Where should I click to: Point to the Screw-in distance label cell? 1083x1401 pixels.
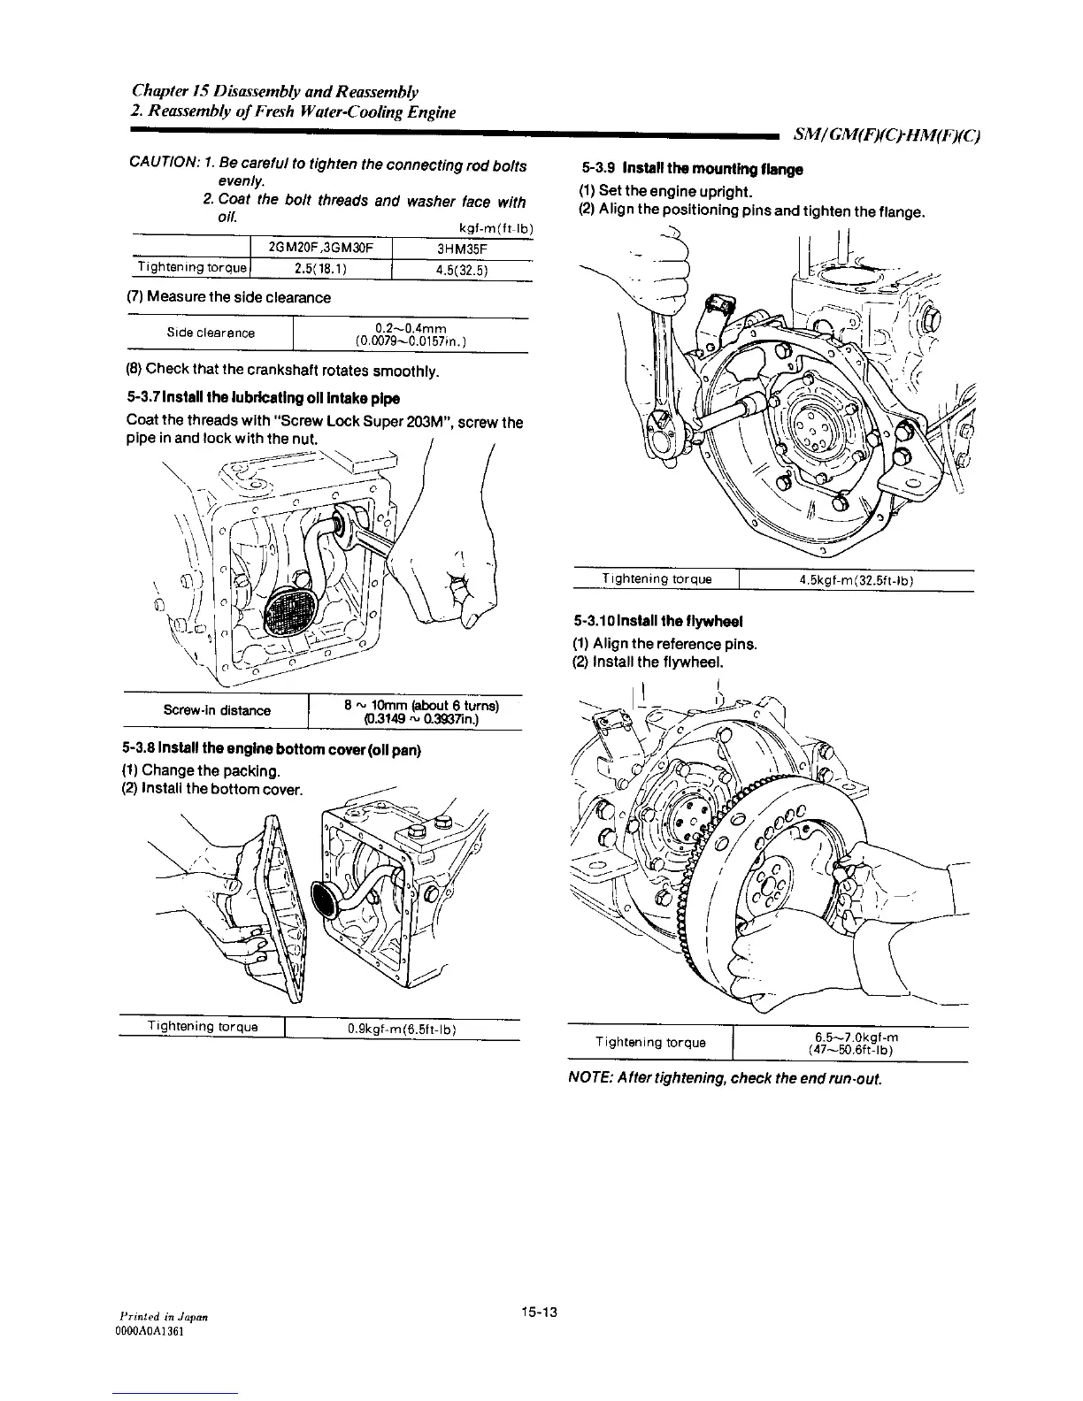pyautogui.click(x=217, y=710)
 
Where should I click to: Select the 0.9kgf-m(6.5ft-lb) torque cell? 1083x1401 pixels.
pyautogui.click(x=401, y=1028)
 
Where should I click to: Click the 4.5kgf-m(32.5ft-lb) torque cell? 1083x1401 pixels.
pyautogui.click(x=855, y=580)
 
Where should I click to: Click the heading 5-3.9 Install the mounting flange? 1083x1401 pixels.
pyautogui.click(x=692, y=170)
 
